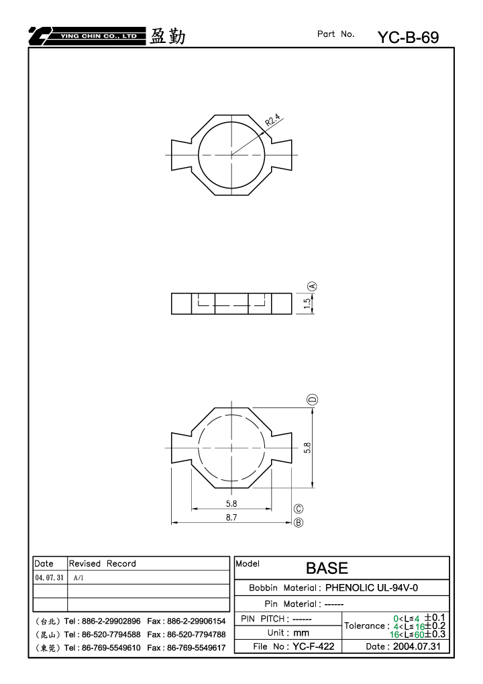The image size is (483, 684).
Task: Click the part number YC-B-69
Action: click(408, 38)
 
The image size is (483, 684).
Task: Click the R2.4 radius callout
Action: click(273, 120)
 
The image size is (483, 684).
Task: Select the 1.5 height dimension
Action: click(307, 303)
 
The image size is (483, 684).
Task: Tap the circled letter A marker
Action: click(313, 286)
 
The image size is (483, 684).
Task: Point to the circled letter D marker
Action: click(313, 399)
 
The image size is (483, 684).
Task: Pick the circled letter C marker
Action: click(298, 509)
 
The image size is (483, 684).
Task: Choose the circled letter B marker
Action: click(298, 522)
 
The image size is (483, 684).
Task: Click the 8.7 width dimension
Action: click(231, 518)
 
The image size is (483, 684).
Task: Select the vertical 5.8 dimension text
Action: click(307, 448)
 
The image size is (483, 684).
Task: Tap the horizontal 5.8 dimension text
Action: click(231, 503)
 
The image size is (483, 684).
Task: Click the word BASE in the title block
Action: click(327, 568)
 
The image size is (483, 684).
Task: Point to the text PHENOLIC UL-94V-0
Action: click(372, 587)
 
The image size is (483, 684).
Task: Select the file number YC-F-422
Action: click(313, 646)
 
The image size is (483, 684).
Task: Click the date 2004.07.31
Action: click(417, 646)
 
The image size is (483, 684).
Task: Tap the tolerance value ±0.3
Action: click(435, 634)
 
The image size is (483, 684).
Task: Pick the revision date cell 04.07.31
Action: click(49, 577)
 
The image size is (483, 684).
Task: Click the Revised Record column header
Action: click(103, 564)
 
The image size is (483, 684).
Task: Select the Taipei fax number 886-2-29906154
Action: click(196, 621)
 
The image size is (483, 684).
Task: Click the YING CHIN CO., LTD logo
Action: click(87, 36)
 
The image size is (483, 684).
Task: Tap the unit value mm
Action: click(301, 632)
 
